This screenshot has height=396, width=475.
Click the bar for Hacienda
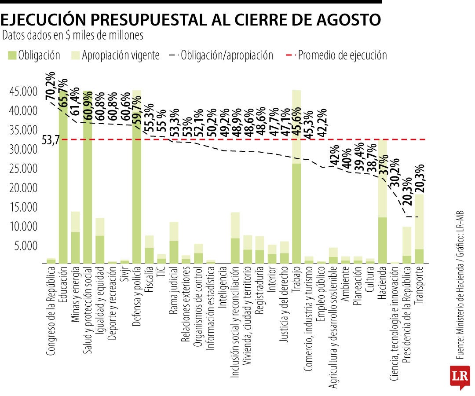[x=383, y=202]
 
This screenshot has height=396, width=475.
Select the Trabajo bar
[x=296, y=177]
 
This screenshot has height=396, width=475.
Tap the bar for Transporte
[x=419, y=229]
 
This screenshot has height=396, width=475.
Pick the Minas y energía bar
[x=76, y=238]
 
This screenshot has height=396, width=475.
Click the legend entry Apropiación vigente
[x=115, y=55]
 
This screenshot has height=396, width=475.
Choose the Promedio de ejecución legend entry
[x=336, y=55]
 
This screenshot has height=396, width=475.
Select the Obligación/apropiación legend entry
[x=221, y=55]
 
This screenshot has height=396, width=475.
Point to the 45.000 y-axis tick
[x=23, y=91]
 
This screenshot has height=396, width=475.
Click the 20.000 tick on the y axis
[x=23, y=188]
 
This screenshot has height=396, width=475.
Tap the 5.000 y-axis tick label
[x=26, y=246]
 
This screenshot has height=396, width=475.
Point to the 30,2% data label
[x=395, y=172]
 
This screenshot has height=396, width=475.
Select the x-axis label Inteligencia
[x=223, y=287]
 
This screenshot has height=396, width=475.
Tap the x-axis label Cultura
[x=370, y=279]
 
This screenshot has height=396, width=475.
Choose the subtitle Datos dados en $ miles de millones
[x=73, y=36]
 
